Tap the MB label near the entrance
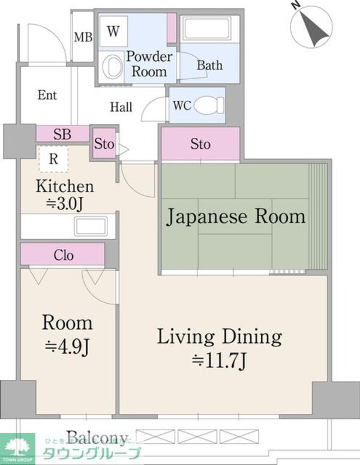point(83,37)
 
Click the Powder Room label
point(149,63)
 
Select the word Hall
point(121,107)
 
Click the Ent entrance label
point(47,95)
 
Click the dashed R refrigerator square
point(54,160)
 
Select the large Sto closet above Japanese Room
point(200,145)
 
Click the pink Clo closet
point(64,256)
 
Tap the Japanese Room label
point(236,215)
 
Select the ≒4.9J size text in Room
point(67,346)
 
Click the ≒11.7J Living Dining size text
point(220,360)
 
